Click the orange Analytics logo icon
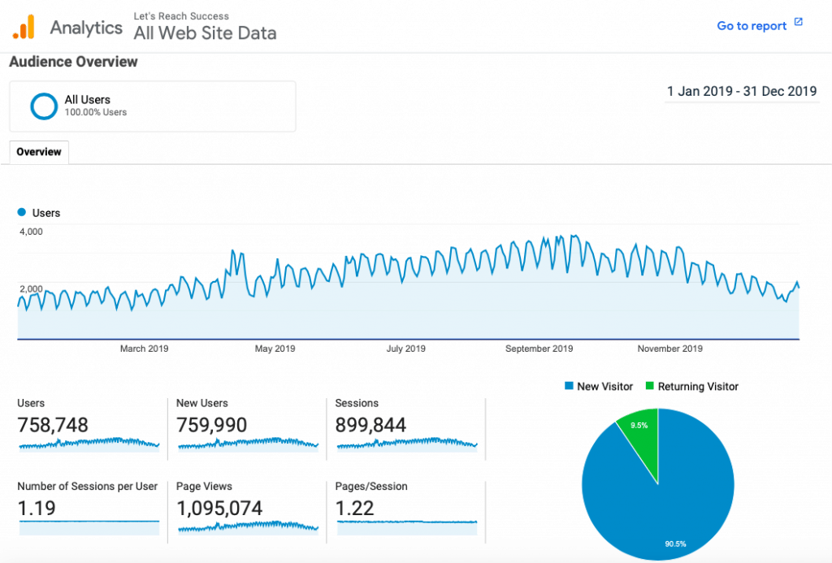pyautogui.click(x=24, y=27)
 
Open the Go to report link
pyautogui.click(x=752, y=26)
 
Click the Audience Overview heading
pyautogui.click(x=73, y=62)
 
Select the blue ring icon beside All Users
pyautogui.click(x=43, y=106)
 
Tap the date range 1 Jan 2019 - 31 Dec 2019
pyautogui.click(x=741, y=91)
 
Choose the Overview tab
pyautogui.click(x=39, y=152)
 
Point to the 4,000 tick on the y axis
pyautogui.click(x=30, y=232)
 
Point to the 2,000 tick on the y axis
pyautogui.click(x=30, y=289)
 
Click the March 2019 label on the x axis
pyautogui.click(x=145, y=349)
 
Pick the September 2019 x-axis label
pyautogui.click(x=539, y=349)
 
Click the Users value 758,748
pyautogui.click(x=53, y=425)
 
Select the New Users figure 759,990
pyautogui.click(x=212, y=425)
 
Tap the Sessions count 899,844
pyautogui.click(x=370, y=425)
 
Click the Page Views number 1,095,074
pyautogui.click(x=219, y=509)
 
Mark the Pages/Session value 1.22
pyautogui.click(x=354, y=509)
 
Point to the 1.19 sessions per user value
pyautogui.click(x=37, y=509)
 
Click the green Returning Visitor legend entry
pyautogui.click(x=692, y=387)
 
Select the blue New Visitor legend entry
pyautogui.click(x=598, y=387)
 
